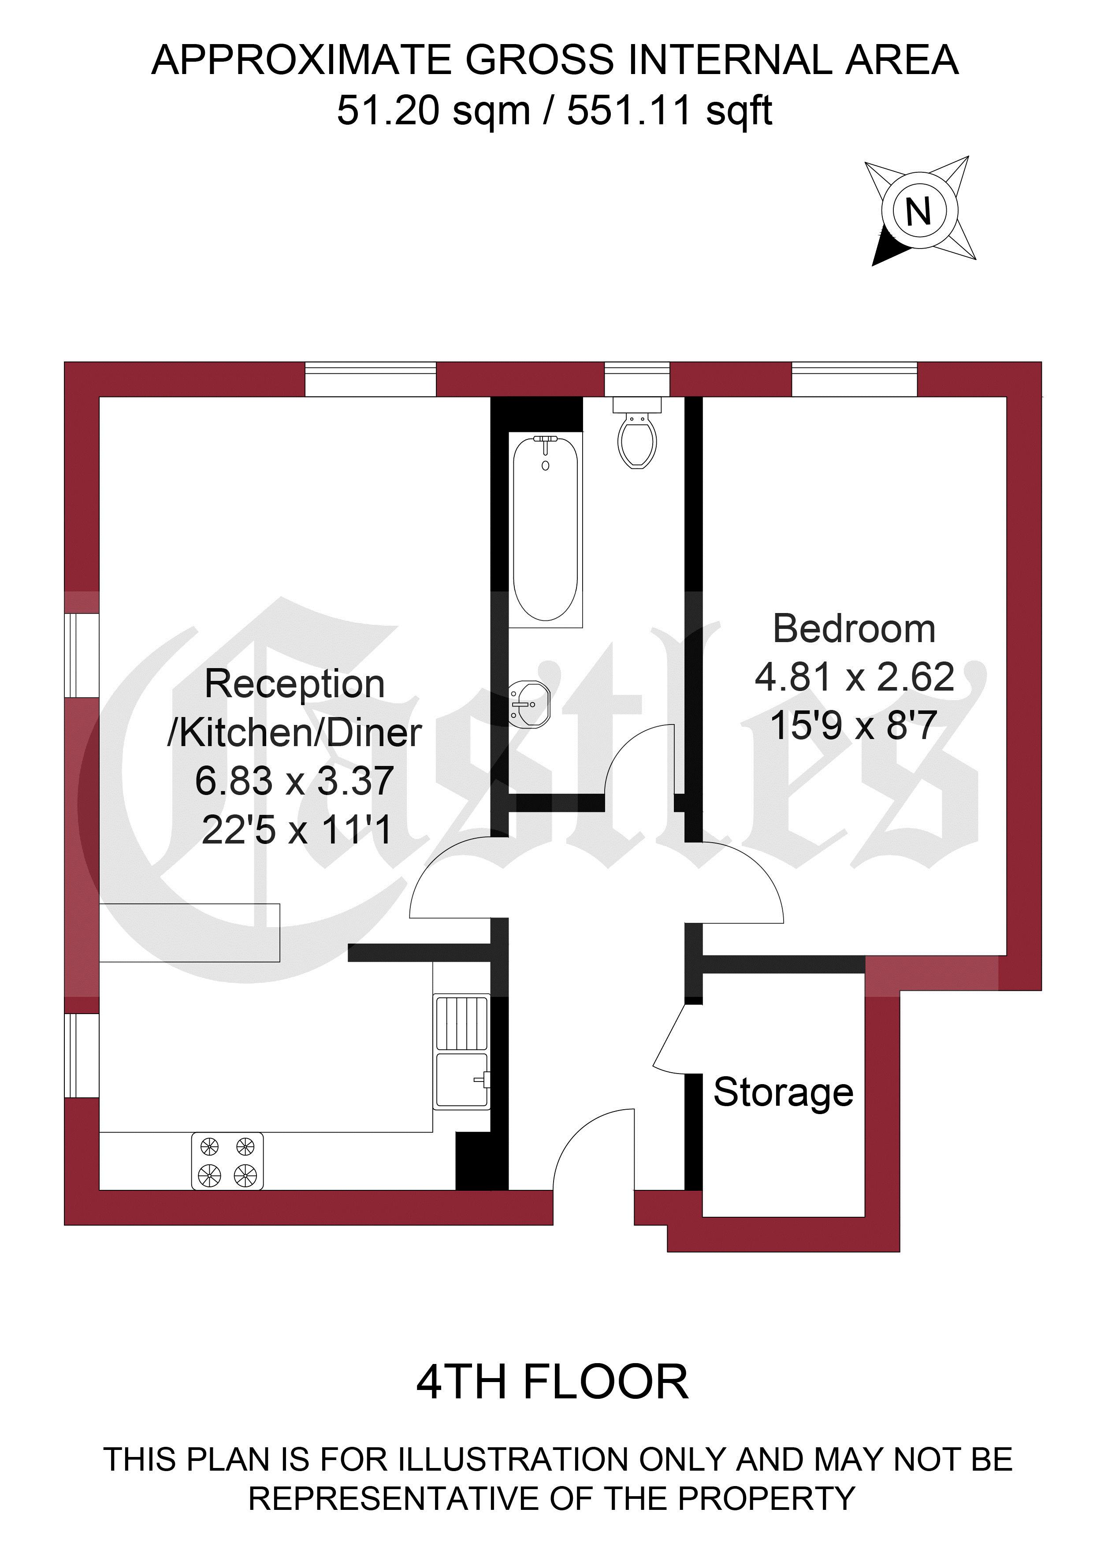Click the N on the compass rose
(918, 212)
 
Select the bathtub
(546, 528)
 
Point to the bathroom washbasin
(530, 704)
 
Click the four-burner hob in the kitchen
(227, 1162)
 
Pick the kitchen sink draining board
(461, 1022)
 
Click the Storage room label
(783, 1092)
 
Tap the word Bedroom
(854, 629)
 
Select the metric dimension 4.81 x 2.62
(854, 677)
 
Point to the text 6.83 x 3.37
(294, 780)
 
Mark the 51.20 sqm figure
(434, 111)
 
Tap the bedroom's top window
(854, 379)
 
